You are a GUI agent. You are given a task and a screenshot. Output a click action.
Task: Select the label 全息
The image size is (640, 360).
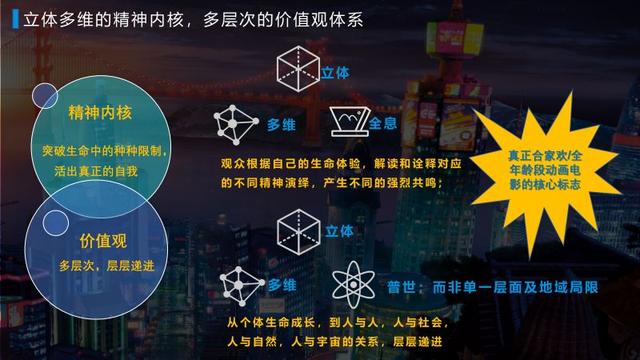pyautogui.click(x=384, y=123)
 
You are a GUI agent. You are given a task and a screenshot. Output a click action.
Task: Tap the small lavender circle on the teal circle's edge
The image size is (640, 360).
pyautogui.click(x=45, y=96)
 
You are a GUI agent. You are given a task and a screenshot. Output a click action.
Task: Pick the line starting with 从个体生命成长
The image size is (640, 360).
pyautogui.click(x=330, y=323)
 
